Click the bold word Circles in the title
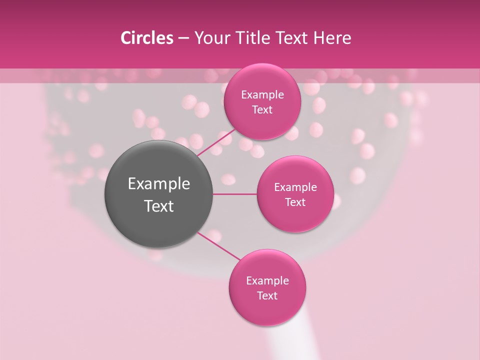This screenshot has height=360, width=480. pyautogui.click(x=147, y=38)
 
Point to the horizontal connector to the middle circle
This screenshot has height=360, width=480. pyautogui.click(x=235, y=194)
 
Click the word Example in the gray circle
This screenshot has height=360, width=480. pyautogui.click(x=159, y=184)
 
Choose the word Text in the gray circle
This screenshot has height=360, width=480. pyautogui.click(x=159, y=206)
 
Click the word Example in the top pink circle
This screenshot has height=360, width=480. pyautogui.click(x=262, y=94)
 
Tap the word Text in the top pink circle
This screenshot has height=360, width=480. pyautogui.click(x=262, y=109)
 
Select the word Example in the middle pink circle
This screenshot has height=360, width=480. pyautogui.click(x=295, y=187)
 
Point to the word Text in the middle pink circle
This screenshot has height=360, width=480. pyautogui.click(x=295, y=202)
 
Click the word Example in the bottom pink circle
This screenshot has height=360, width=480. pyautogui.click(x=267, y=280)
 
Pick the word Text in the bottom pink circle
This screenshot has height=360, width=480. pyautogui.click(x=267, y=295)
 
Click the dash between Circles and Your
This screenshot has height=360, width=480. pyautogui.click(x=183, y=38)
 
